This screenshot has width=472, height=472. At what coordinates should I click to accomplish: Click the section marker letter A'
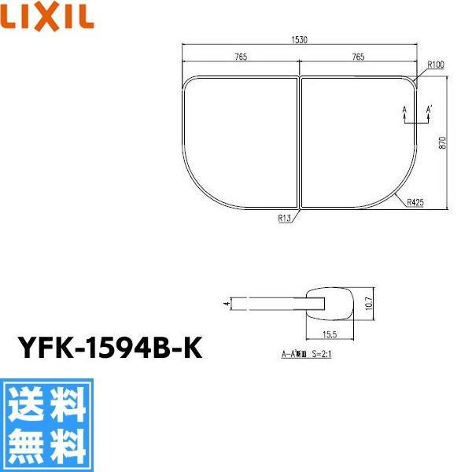pos(429,108)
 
